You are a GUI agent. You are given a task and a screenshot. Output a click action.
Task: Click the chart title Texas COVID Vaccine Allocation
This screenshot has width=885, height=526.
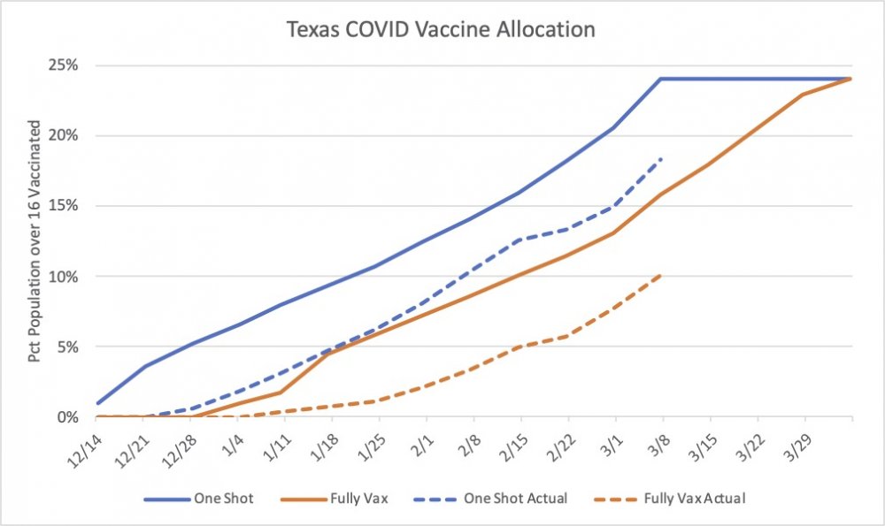[442, 29]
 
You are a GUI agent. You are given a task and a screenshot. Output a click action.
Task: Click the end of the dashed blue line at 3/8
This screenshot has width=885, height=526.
[661, 158]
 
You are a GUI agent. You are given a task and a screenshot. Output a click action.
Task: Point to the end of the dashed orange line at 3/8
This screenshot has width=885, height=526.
[661, 274]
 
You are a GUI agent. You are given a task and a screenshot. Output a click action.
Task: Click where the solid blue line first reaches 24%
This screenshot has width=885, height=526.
[661, 79]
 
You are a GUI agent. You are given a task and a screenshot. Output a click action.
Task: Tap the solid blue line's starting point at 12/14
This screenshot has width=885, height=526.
[96, 403]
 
